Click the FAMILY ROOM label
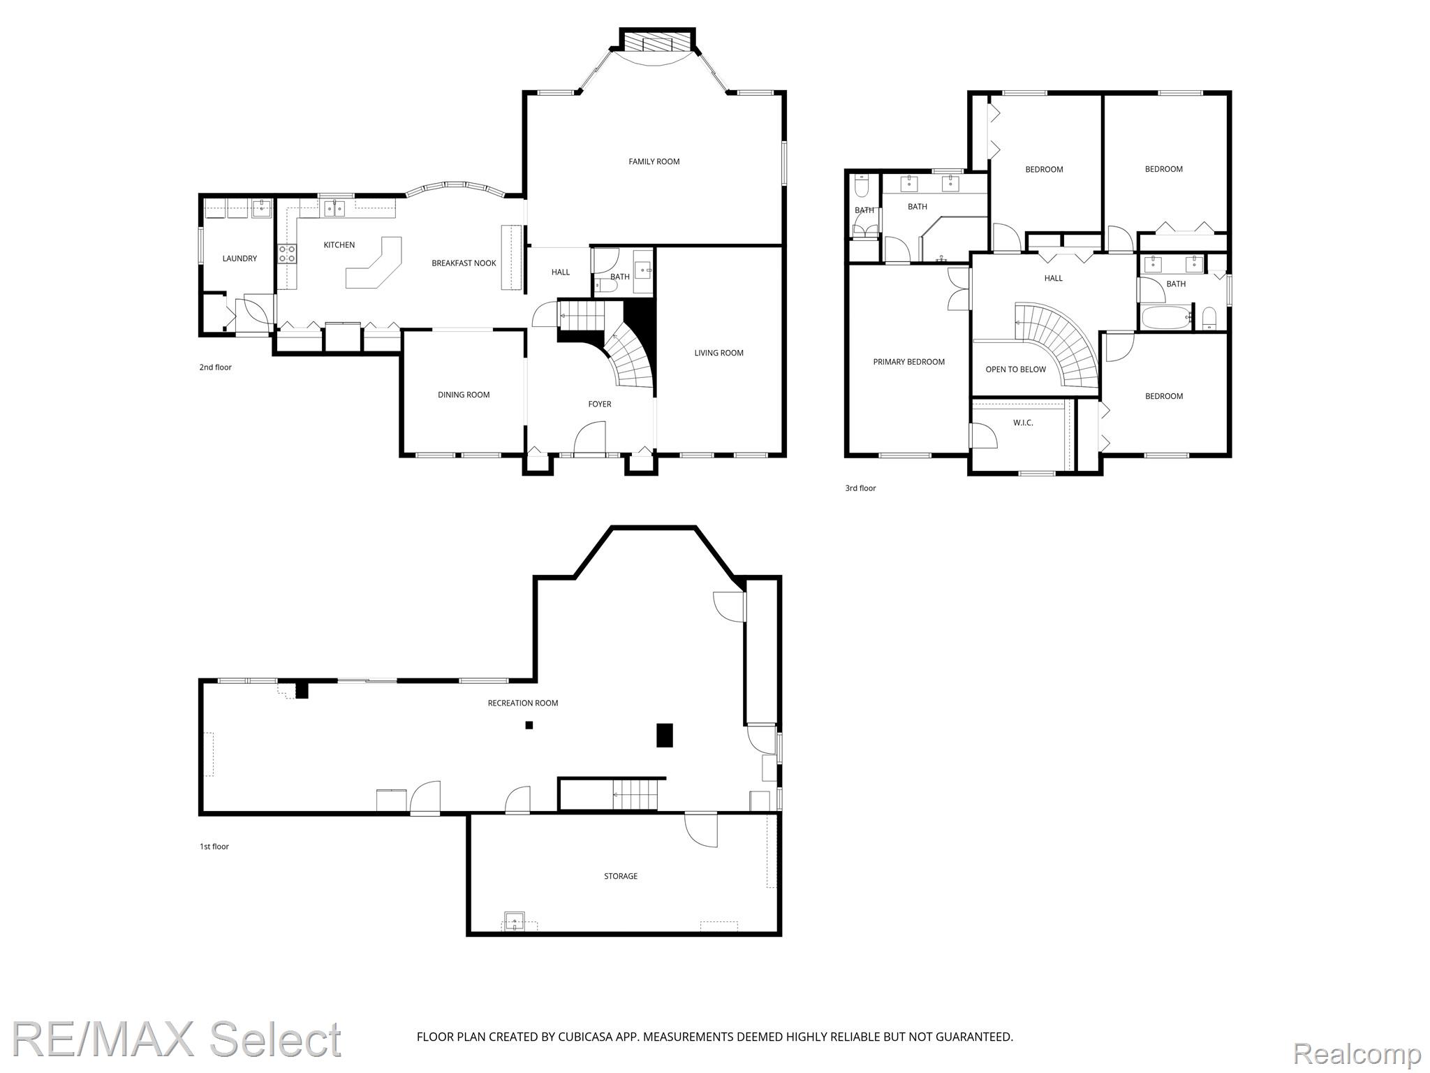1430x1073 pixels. coord(654,161)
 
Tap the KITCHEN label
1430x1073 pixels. coord(339,244)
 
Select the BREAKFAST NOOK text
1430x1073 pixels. coord(464,263)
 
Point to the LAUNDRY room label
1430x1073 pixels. coord(239,258)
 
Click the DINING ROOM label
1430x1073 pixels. coord(464,395)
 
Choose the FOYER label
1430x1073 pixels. coord(600,404)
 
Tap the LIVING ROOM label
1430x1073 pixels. coord(718,353)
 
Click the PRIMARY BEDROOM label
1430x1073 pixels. coord(908,362)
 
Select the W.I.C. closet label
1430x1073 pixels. coord(1023,423)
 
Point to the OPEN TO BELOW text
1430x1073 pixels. coord(1015,370)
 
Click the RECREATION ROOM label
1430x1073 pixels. coord(523,703)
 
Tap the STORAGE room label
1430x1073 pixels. coord(621,876)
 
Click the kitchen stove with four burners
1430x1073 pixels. coord(287,253)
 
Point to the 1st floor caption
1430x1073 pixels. coord(214,847)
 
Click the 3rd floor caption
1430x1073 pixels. coord(860,488)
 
